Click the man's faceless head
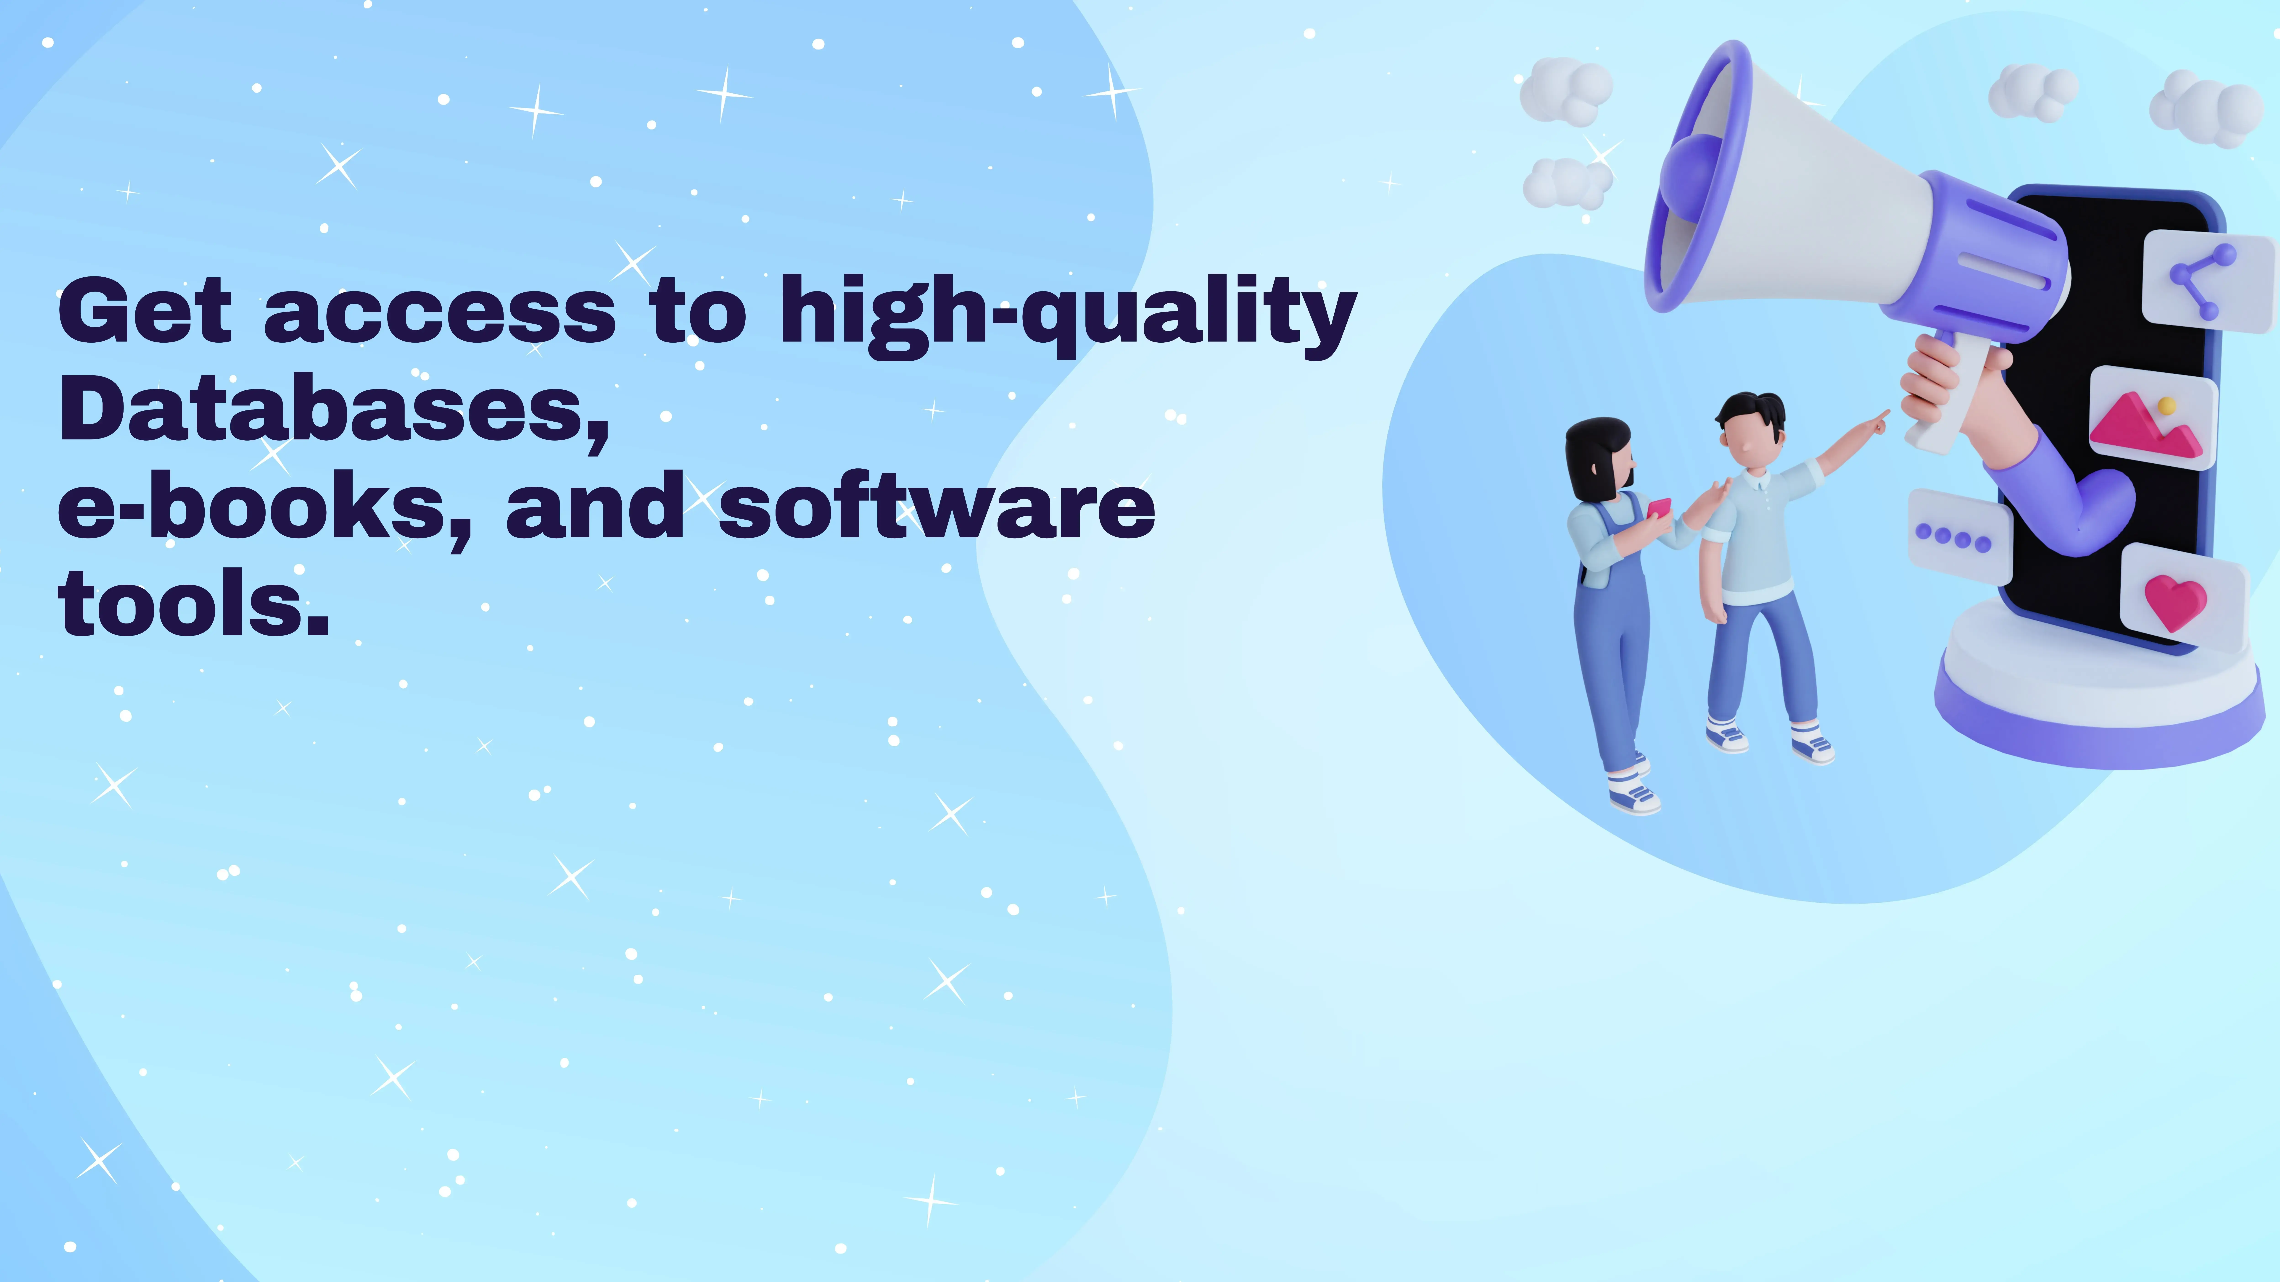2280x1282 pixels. point(1750,433)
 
